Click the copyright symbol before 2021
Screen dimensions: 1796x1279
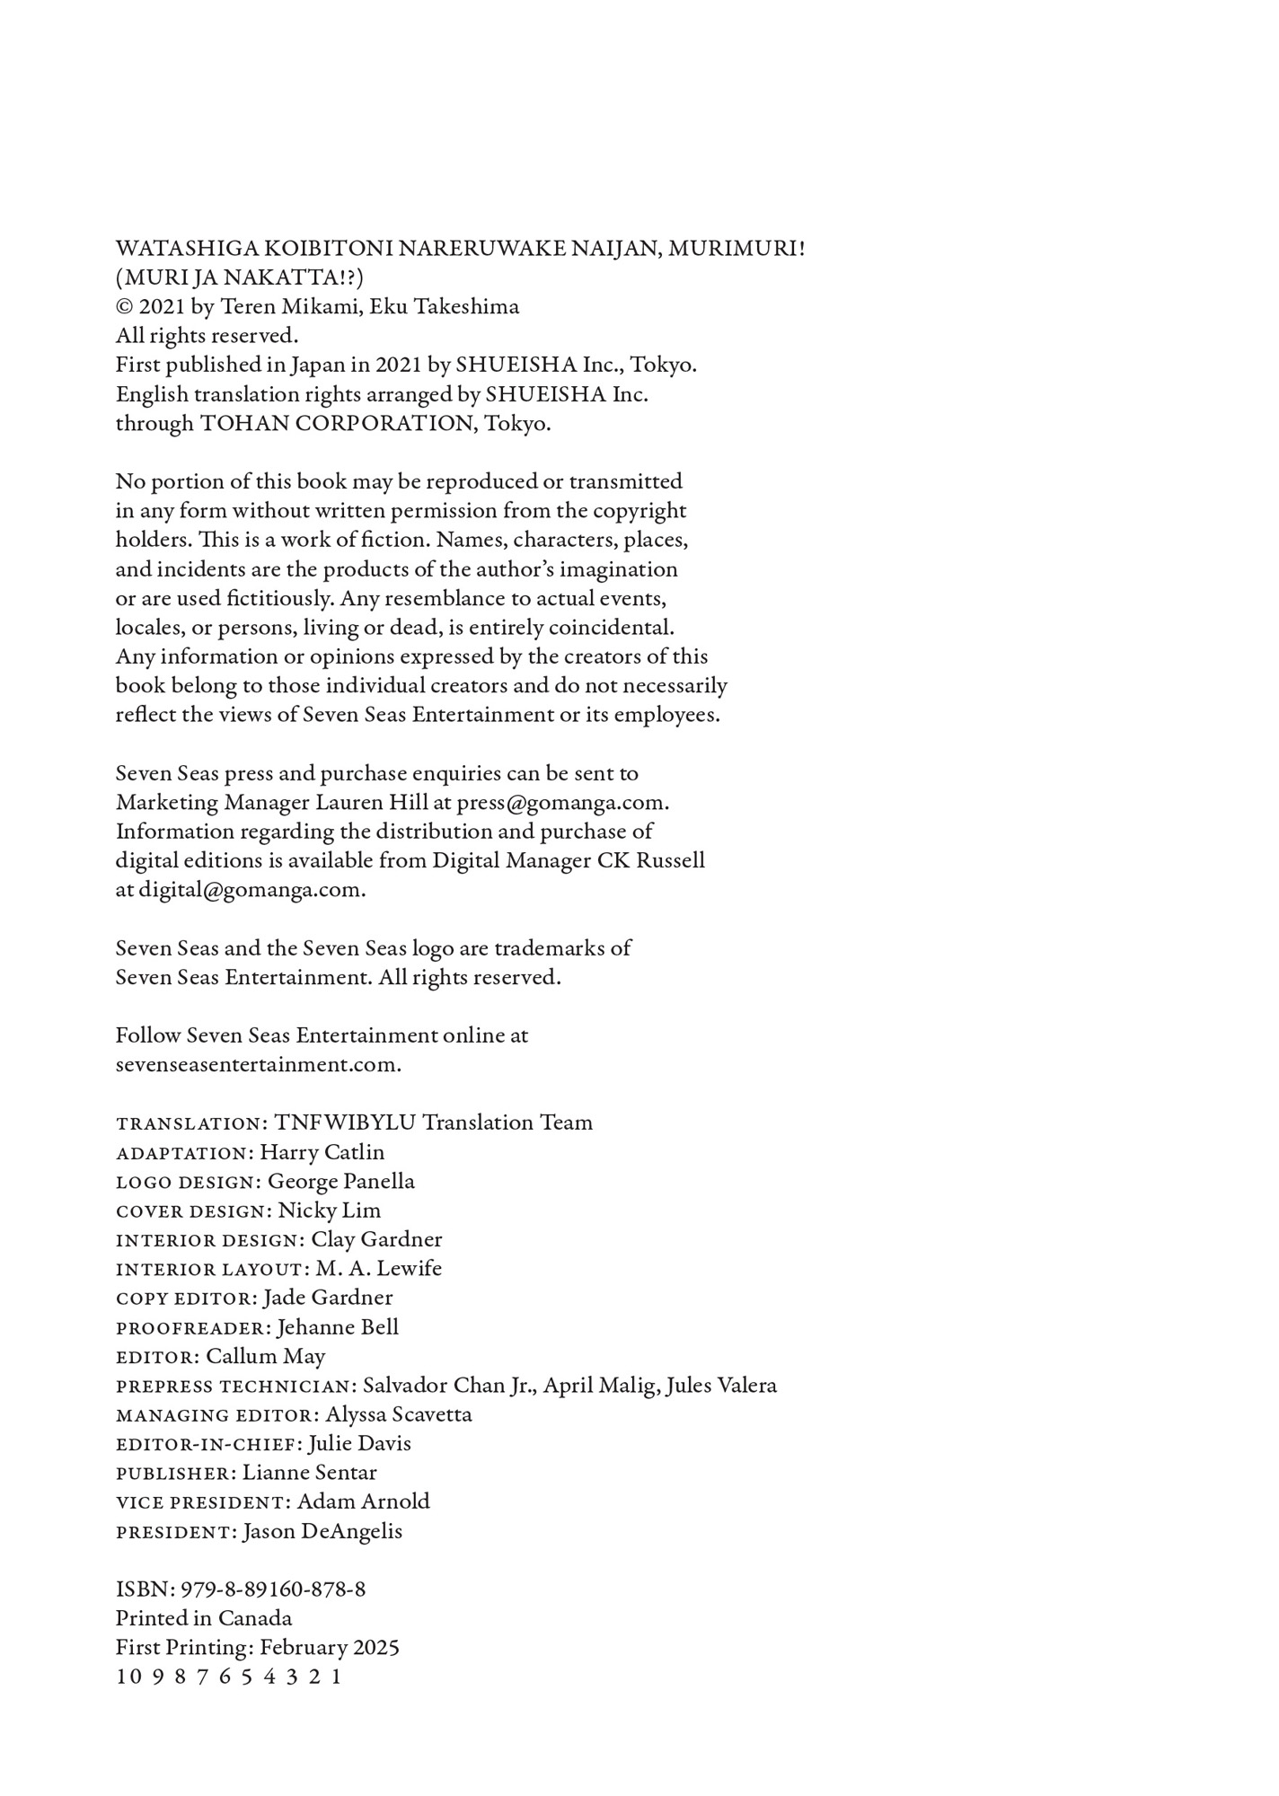pyautogui.click(x=124, y=307)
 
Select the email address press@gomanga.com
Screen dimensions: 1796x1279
pyautogui.click(x=561, y=802)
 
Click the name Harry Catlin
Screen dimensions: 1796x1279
pyautogui.click(x=322, y=1152)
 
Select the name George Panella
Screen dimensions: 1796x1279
pyautogui.click(x=340, y=1182)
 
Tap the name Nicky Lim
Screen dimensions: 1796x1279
pyautogui.click(x=329, y=1211)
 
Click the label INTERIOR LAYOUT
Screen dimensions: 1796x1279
pyautogui.click(x=212, y=1270)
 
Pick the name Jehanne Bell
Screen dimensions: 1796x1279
pyautogui.click(x=338, y=1327)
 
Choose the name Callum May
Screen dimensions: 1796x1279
pyautogui.click(x=266, y=1357)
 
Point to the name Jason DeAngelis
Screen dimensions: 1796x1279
pyautogui.click(x=322, y=1532)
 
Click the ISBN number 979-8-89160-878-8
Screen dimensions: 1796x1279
pyautogui.click(x=273, y=1589)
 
